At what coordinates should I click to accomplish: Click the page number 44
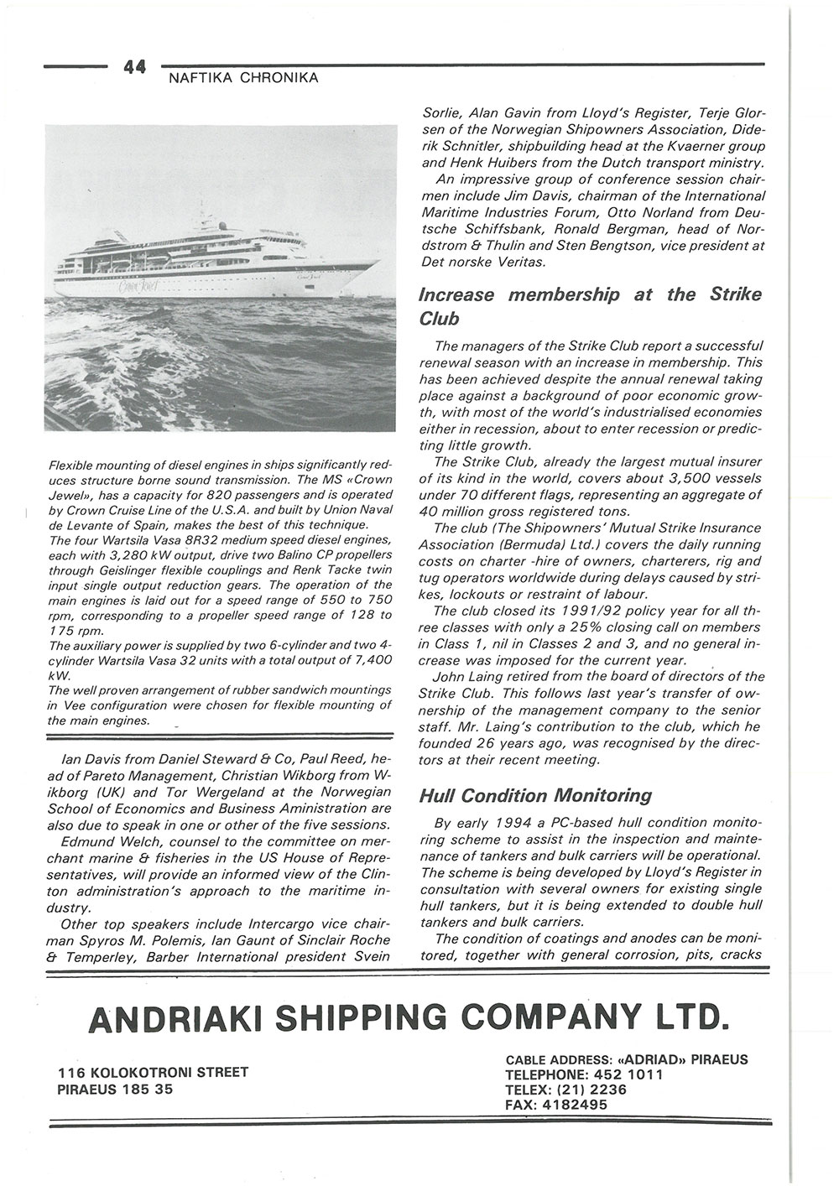(135, 67)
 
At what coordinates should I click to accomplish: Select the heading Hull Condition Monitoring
(534, 795)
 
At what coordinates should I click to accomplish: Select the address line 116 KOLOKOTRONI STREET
(154, 1073)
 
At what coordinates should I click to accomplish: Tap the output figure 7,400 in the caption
(366, 661)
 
